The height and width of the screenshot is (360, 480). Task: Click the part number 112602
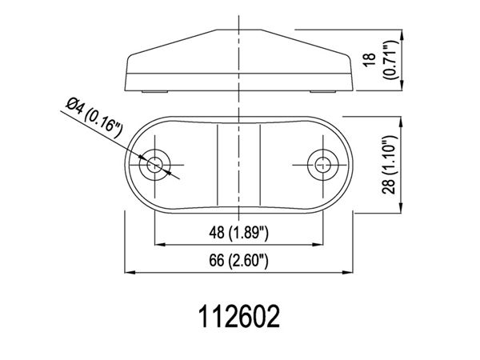click(239, 317)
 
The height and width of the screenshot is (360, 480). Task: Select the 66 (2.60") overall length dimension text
click(238, 261)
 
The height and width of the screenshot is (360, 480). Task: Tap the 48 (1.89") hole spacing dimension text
click(238, 233)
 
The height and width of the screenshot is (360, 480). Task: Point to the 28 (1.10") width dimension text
click(389, 165)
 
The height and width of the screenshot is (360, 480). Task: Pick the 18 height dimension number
click(370, 59)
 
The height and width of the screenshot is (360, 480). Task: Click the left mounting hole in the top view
click(154, 165)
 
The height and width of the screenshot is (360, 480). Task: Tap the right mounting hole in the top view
click(323, 165)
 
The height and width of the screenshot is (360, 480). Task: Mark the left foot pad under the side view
click(155, 91)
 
